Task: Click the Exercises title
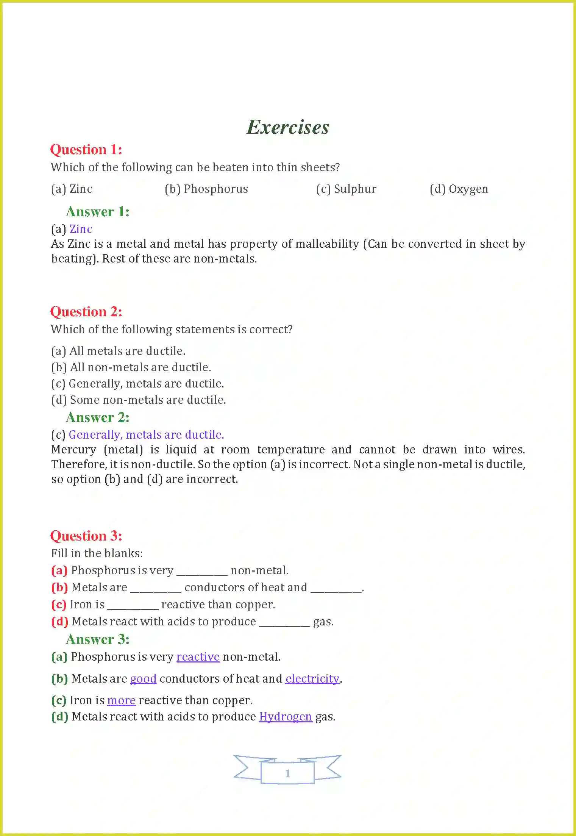(x=288, y=127)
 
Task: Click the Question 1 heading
(x=86, y=150)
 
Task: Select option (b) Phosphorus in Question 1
(x=206, y=189)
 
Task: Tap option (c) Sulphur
(x=346, y=189)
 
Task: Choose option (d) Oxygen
(x=459, y=189)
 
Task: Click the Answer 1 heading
(x=98, y=212)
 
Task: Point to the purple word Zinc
(x=81, y=229)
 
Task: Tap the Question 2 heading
(x=86, y=312)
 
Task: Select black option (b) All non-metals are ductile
(x=131, y=367)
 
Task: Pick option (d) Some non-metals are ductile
(x=139, y=400)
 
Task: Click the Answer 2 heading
(x=98, y=417)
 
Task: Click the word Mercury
(x=74, y=450)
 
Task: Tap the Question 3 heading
(x=86, y=536)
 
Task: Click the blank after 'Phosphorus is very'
(x=202, y=571)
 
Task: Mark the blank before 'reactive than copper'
(x=133, y=605)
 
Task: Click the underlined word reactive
(x=198, y=656)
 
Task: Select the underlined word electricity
(x=312, y=678)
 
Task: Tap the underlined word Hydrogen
(x=286, y=716)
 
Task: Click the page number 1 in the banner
(x=288, y=773)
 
